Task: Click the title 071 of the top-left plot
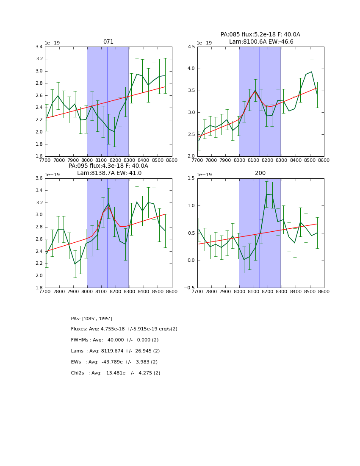point(108,42)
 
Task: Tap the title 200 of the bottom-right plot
point(260,173)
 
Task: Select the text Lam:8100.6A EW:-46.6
point(261,42)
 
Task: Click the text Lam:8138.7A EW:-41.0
point(109,173)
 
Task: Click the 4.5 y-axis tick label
point(191,47)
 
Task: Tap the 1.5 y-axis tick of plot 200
point(191,178)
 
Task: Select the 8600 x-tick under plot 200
point(324,292)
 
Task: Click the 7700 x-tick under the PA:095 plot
point(45,292)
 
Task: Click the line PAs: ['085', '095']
point(91,319)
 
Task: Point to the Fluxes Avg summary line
point(124,329)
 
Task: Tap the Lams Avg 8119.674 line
point(115,351)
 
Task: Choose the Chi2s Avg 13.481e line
point(115,373)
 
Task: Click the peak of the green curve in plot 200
point(266,194)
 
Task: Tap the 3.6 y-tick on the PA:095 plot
point(38,178)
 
